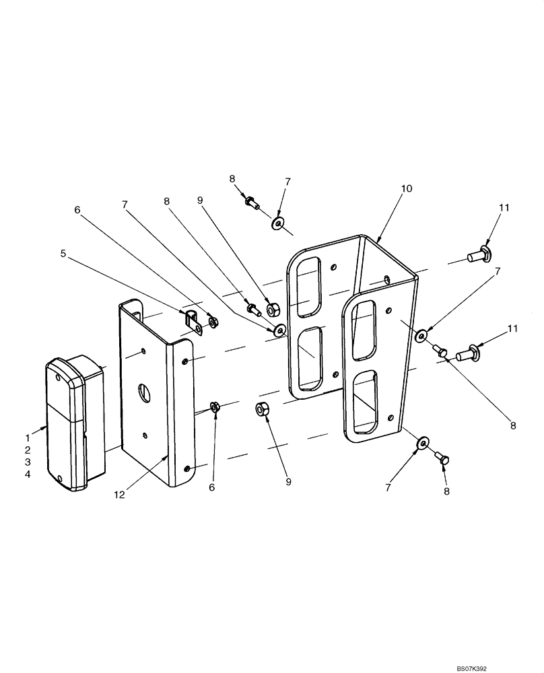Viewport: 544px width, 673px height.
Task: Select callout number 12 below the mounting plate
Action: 119,495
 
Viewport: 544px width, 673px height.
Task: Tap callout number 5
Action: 64,254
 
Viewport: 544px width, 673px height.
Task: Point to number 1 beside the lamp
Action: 28,426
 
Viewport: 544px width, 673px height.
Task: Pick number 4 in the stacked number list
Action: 28,474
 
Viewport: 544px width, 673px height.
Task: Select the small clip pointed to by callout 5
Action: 193,321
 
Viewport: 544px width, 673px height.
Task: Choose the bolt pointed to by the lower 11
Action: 468,351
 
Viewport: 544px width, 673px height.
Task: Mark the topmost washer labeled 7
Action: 278,223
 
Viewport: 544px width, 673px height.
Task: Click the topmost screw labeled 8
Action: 252,201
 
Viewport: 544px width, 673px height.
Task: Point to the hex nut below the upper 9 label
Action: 273,310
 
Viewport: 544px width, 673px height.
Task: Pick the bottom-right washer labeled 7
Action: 422,442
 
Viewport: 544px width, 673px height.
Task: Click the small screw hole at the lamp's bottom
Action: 61,479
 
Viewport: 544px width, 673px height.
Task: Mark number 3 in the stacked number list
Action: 28,462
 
